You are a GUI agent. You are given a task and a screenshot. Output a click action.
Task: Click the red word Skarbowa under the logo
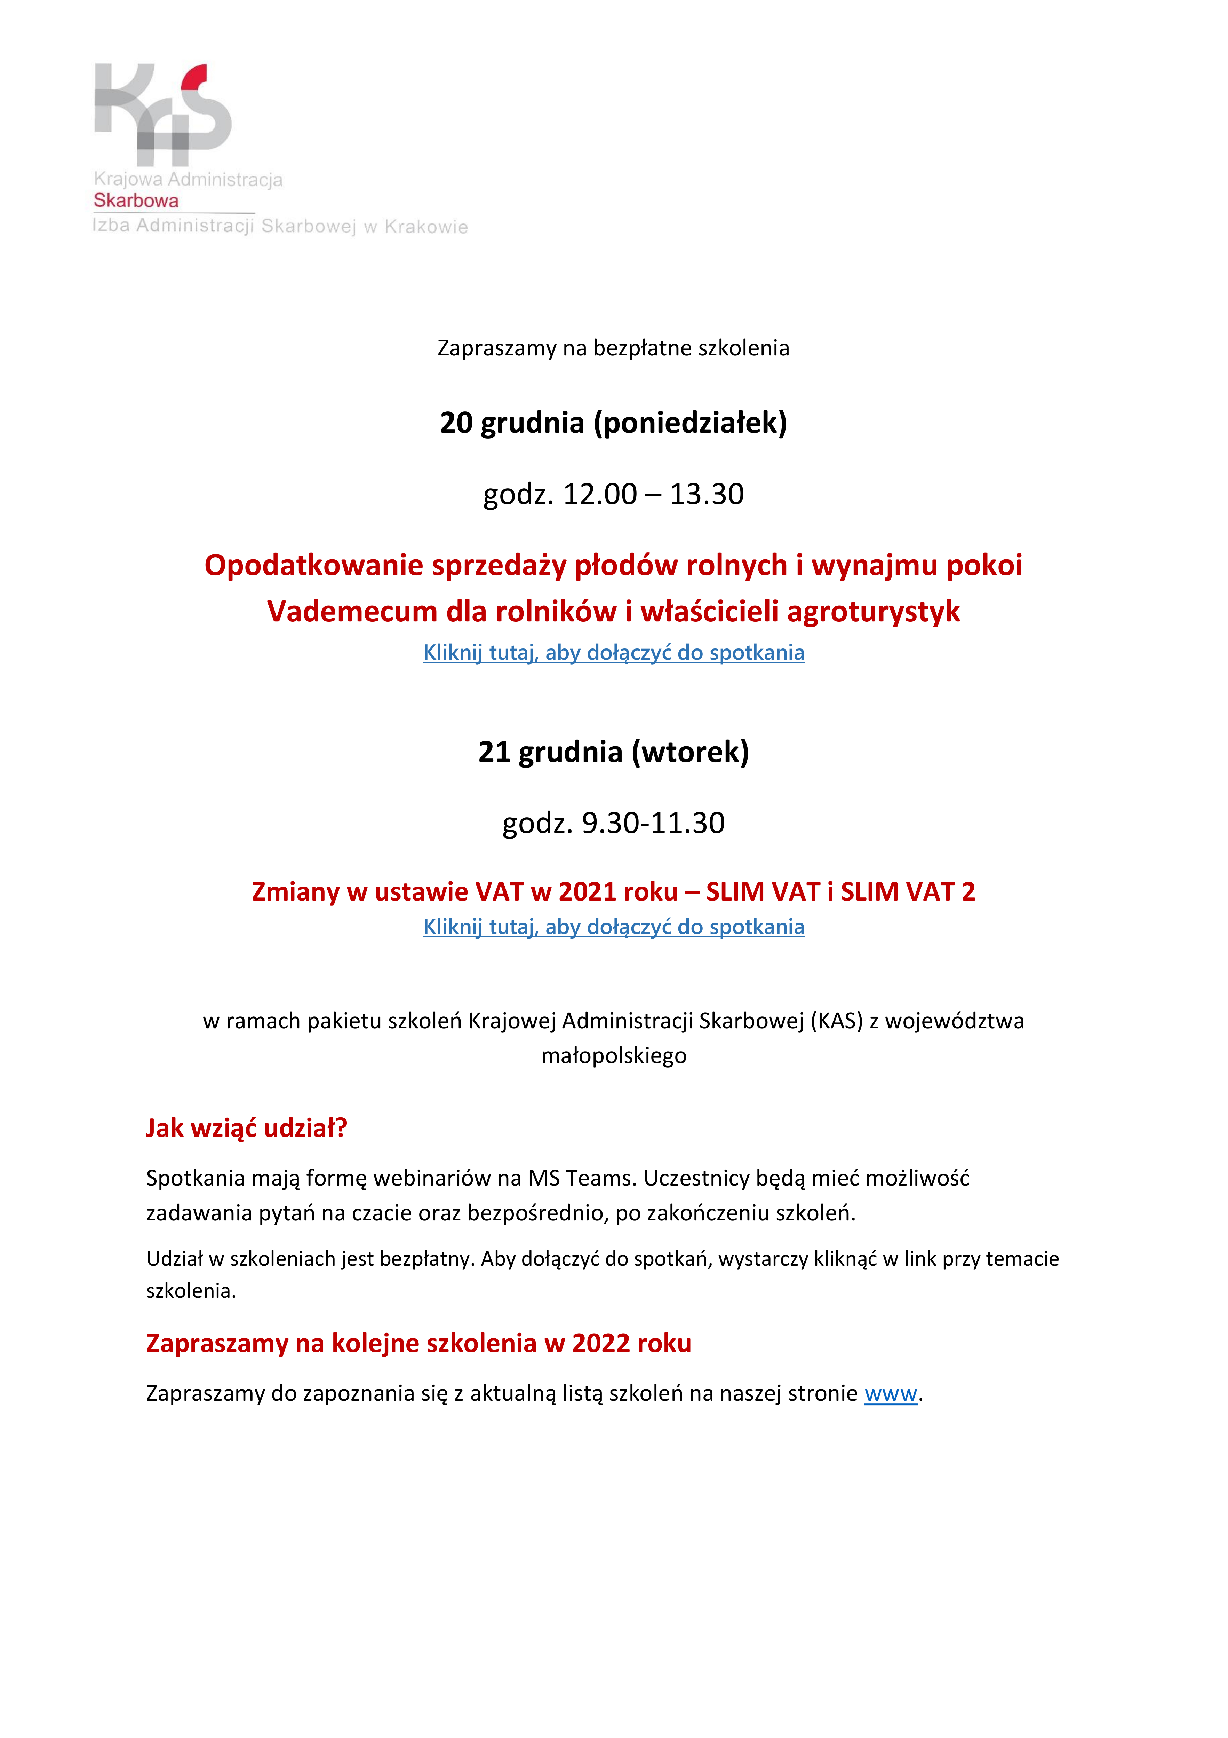coord(136,200)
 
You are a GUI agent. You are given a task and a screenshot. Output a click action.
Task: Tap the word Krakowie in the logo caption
coord(426,227)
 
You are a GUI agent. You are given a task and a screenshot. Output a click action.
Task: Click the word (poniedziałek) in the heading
coord(690,422)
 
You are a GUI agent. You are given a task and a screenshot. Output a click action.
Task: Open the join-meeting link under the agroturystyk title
coord(614,653)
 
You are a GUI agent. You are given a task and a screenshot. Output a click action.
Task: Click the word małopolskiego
coord(614,1056)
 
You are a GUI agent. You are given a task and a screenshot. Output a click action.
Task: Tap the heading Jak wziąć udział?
coord(247,1128)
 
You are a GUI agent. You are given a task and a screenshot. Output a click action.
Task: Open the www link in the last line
coord(891,1394)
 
